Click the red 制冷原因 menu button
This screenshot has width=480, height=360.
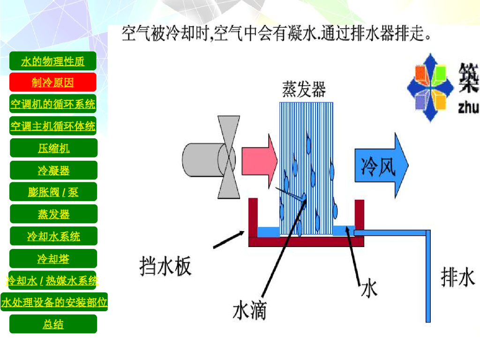pyautogui.click(x=52, y=82)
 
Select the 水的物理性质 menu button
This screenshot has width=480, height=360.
pyautogui.click(x=52, y=61)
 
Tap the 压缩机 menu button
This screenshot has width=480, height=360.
pyautogui.click(x=53, y=148)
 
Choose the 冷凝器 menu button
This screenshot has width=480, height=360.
pyautogui.click(x=53, y=170)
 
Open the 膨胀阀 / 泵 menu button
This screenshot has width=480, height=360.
pyautogui.click(x=53, y=192)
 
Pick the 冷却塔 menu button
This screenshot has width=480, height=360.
pyautogui.click(x=53, y=258)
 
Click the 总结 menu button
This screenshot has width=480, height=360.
pyautogui.click(x=53, y=324)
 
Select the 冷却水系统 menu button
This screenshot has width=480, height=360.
pyautogui.click(x=53, y=236)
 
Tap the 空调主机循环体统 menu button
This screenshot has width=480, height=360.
pyautogui.click(x=52, y=126)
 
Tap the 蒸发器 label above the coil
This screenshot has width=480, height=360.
pyautogui.click(x=304, y=89)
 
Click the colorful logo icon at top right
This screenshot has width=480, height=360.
pyautogui.click(x=430, y=88)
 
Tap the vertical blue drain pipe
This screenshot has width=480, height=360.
pyautogui.click(x=428, y=277)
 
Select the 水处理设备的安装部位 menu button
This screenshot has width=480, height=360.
pyautogui.click(x=54, y=302)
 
